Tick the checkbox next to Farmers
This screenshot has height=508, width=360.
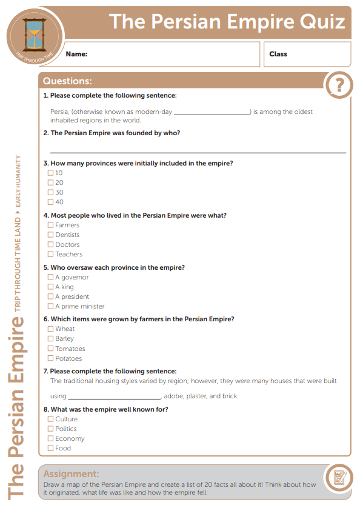[x=51, y=225]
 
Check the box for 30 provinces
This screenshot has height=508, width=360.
[x=51, y=192]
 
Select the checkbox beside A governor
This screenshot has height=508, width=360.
[x=51, y=277]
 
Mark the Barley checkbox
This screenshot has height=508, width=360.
[x=51, y=339]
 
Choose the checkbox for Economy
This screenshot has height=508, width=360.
[x=51, y=438]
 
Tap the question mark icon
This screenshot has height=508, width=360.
[x=339, y=85]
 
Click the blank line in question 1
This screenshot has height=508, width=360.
[x=212, y=113]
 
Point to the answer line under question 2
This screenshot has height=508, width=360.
[x=198, y=151]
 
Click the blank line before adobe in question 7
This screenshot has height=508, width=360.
[x=114, y=397]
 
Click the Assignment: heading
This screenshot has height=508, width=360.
[x=71, y=473]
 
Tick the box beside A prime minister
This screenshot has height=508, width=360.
[x=51, y=306]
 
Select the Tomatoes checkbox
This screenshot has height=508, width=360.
[x=51, y=349]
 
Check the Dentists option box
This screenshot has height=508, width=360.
[x=51, y=235]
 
